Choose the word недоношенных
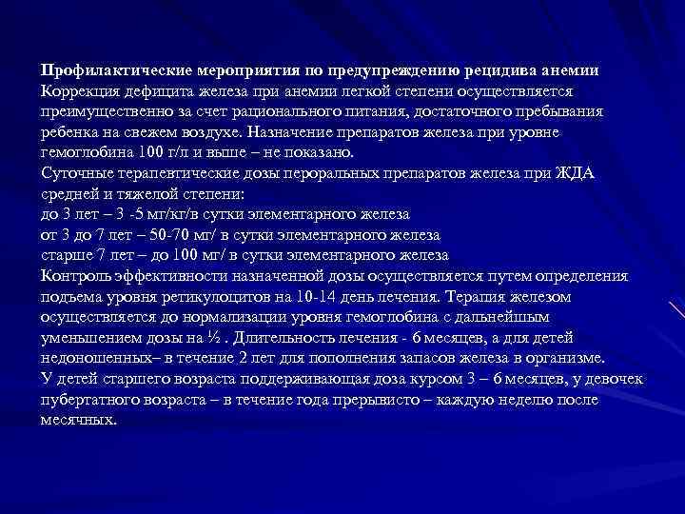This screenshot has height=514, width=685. [x=94, y=358]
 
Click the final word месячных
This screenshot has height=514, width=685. [x=78, y=420]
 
